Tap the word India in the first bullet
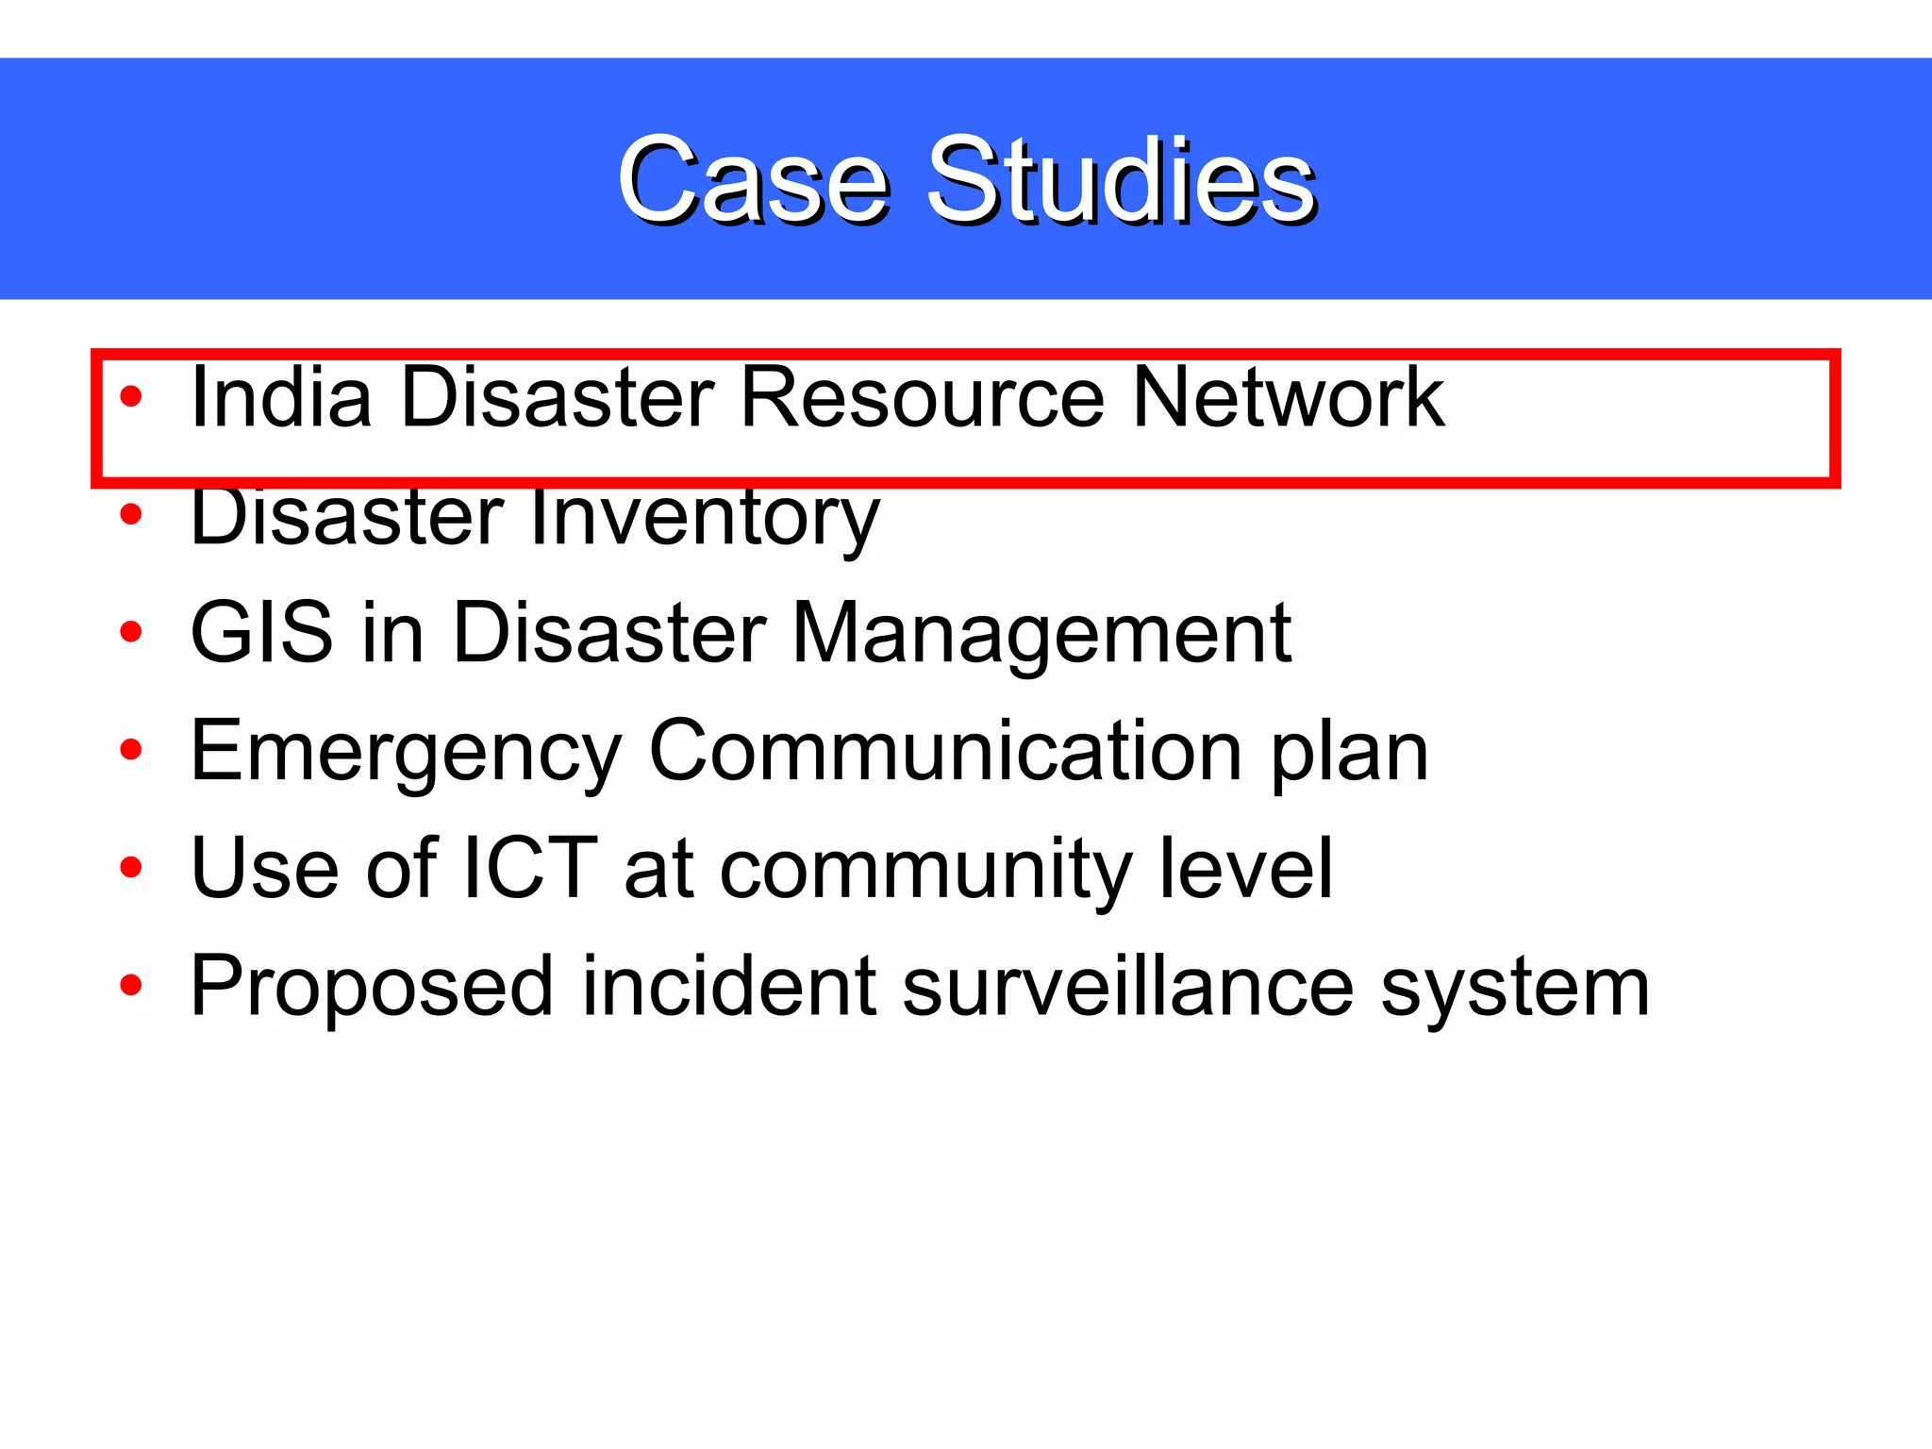[x=280, y=397]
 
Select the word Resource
[x=922, y=397]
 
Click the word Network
[x=1287, y=397]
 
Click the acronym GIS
[x=261, y=633]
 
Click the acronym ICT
[x=529, y=868]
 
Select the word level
[x=1245, y=868]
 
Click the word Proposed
[x=371, y=988]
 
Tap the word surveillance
[x=1127, y=986]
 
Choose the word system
[x=1515, y=988]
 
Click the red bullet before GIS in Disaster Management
[x=131, y=632]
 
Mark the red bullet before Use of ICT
[x=131, y=867]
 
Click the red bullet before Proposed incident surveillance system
[x=131, y=986]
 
